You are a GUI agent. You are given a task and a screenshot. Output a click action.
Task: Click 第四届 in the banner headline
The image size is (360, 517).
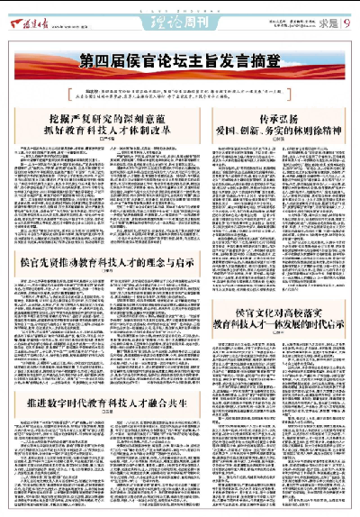tap(100, 61)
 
